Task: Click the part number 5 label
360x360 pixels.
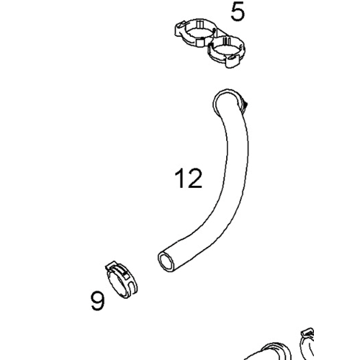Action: [238, 12]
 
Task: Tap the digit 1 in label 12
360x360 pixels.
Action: [180, 178]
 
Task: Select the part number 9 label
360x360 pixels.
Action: [98, 301]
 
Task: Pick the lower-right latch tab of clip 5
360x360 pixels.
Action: [233, 62]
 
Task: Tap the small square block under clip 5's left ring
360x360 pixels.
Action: [200, 43]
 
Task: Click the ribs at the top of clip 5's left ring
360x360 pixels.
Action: [200, 24]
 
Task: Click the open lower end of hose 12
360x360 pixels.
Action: [166, 262]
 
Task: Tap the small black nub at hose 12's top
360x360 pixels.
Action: [245, 104]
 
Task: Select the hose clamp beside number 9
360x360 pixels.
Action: [122, 280]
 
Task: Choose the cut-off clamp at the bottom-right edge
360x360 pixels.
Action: [307, 343]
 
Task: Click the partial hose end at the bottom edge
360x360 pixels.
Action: [269, 352]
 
